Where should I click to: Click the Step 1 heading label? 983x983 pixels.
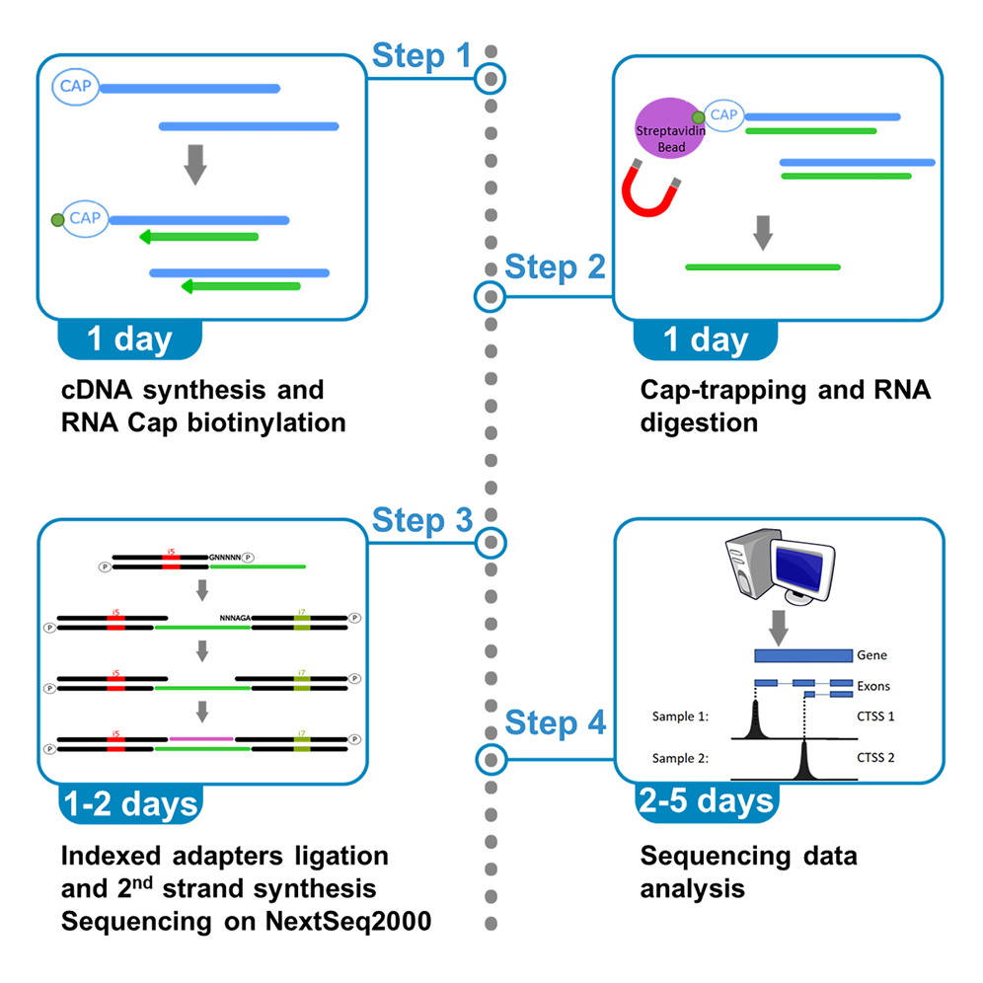pos(422,57)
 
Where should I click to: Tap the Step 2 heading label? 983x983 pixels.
pos(555,267)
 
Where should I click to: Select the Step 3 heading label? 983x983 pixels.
pos(422,520)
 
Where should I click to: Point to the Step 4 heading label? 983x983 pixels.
pos(555,723)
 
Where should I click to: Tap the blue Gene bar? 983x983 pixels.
pos(802,655)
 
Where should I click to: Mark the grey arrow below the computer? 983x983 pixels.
pos(779,624)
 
